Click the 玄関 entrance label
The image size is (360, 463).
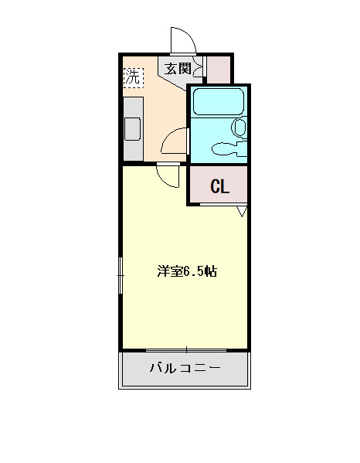[x=178, y=69]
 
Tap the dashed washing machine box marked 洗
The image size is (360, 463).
[x=134, y=77]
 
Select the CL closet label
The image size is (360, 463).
[x=220, y=186]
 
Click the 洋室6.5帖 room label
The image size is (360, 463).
[x=188, y=271]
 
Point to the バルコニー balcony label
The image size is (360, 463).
[x=185, y=368]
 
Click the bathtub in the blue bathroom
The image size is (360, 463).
[x=219, y=101]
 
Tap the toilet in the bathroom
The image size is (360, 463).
[x=239, y=128]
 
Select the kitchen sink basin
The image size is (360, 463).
[x=132, y=129]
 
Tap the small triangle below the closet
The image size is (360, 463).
[x=242, y=211]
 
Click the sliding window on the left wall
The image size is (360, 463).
[x=120, y=275]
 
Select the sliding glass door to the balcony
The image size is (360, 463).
[x=186, y=350]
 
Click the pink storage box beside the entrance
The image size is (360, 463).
[x=219, y=70]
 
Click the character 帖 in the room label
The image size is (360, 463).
[x=211, y=271]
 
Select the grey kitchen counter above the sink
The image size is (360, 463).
[x=134, y=107]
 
